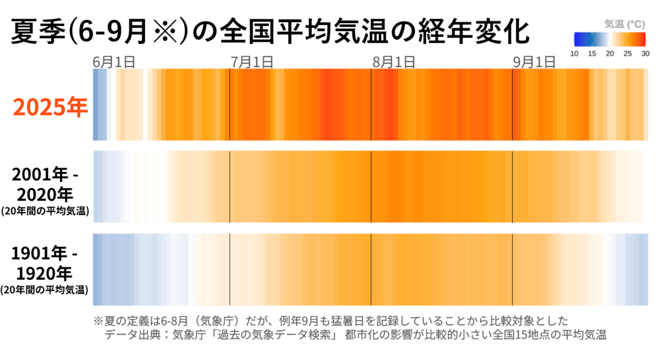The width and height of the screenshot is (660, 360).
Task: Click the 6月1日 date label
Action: point(114,62)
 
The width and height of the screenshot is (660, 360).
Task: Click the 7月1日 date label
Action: point(252,62)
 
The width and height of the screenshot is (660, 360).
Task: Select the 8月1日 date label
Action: point(393,62)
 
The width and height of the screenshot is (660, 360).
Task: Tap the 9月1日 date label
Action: point(534,62)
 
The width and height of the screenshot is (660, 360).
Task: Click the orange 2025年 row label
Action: point(51,108)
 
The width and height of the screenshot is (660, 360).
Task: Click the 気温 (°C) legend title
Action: point(624,24)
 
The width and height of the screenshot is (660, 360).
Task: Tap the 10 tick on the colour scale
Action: point(574,53)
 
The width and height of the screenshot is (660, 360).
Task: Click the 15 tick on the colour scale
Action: point(592,53)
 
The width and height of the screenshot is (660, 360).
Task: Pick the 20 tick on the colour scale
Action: point(609,53)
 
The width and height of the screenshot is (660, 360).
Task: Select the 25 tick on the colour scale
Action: point(628,53)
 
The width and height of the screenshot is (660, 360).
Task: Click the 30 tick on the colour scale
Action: point(645,53)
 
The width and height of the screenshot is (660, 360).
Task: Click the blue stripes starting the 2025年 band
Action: point(99,104)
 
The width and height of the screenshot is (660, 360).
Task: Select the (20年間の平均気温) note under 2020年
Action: point(45,211)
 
